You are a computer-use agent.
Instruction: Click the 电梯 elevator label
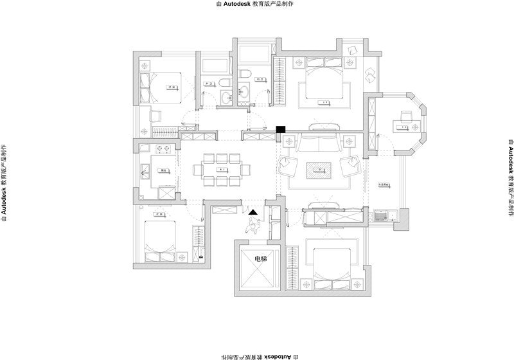point(260,258)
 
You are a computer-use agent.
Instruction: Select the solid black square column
point(280,130)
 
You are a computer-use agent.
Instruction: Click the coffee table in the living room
point(319,170)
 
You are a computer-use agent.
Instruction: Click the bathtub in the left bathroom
point(215,66)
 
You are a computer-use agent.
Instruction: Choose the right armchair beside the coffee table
point(351,167)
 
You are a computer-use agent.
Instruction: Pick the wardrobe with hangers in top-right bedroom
point(280,80)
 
